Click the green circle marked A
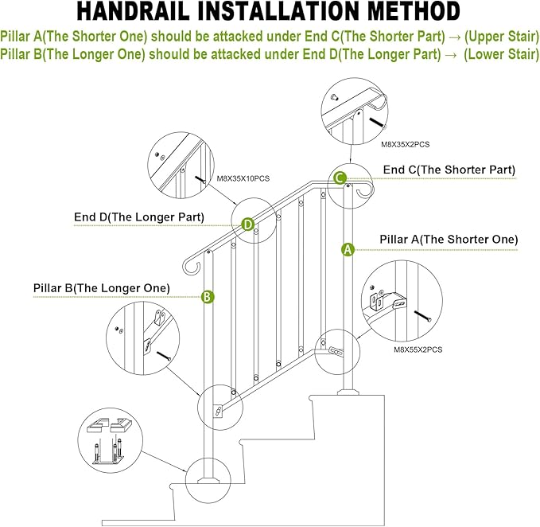pyautogui.click(x=347, y=248)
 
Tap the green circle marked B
pyautogui.click(x=207, y=296)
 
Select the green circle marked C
pyautogui.click(x=340, y=178)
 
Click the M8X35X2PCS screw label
pyautogui.click(x=406, y=144)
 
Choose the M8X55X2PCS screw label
pyautogui.click(x=418, y=349)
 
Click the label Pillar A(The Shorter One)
pyautogui.click(x=449, y=239)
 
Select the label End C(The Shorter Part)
pyautogui.click(x=449, y=170)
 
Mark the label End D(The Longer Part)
pyautogui.click(x=139, y=217)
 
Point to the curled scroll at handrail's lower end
pyautogui.click(x=190, y=263)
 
